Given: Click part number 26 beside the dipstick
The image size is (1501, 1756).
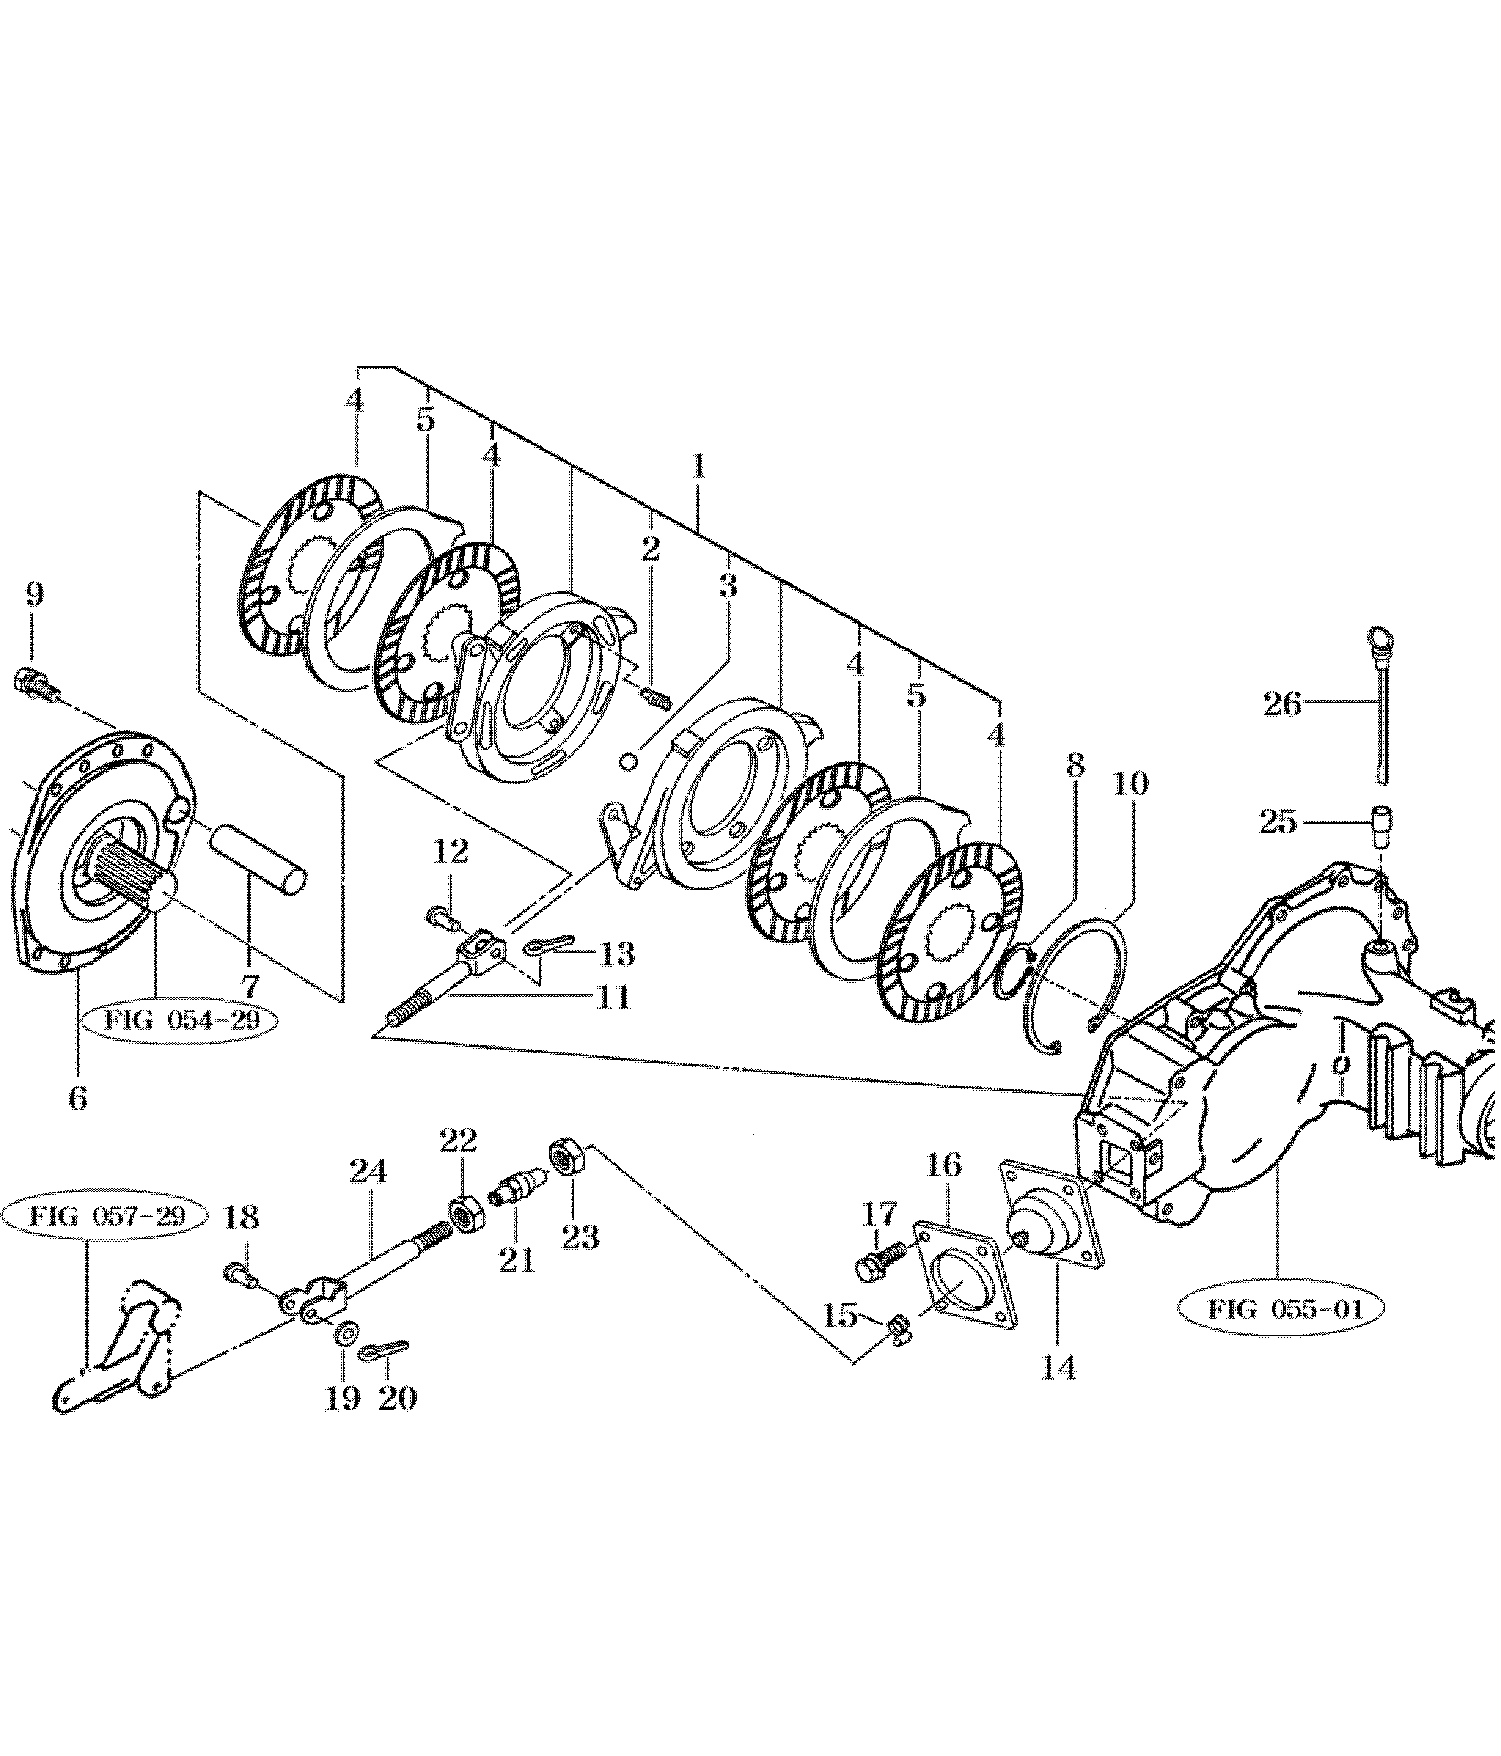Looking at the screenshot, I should (1283, 704).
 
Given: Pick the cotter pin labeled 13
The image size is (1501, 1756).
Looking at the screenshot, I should (549, 946).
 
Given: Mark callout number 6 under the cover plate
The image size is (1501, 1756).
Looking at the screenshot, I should (77, 1099).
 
